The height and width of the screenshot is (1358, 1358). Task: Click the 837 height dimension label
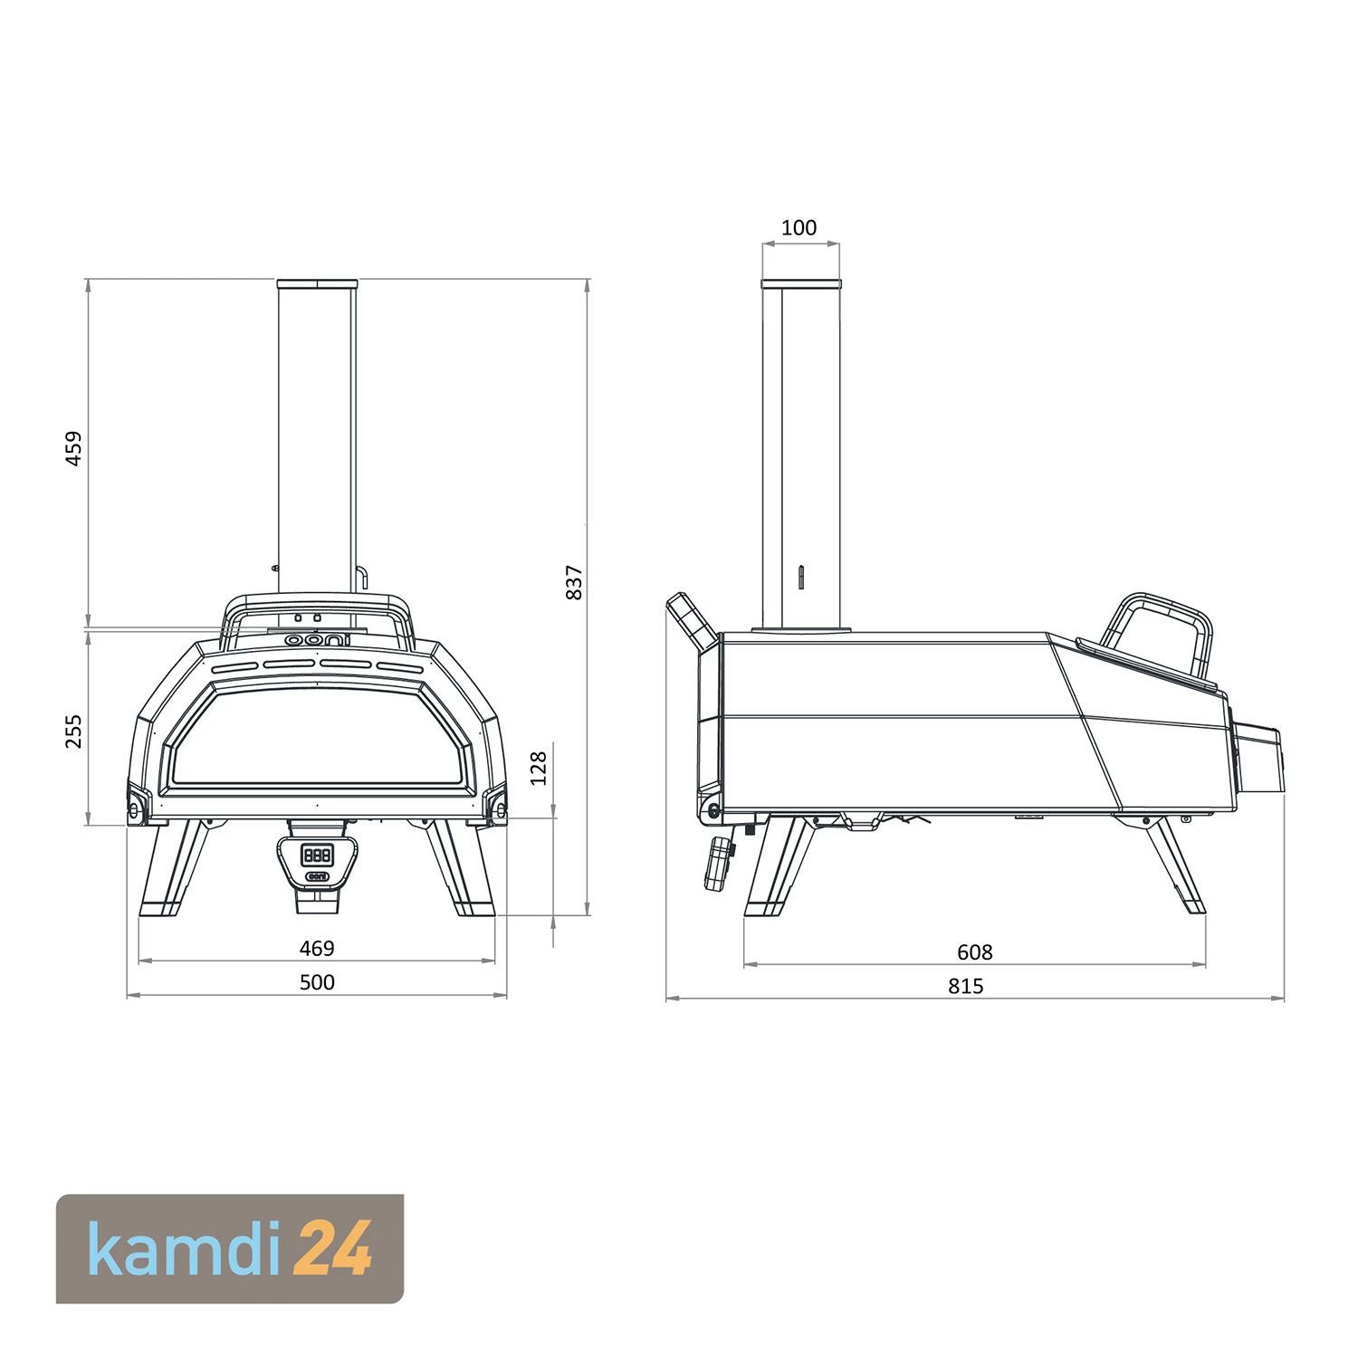(573, 582)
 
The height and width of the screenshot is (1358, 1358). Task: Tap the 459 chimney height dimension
(74, 447)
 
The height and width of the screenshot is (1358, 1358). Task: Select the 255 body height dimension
(74, 731)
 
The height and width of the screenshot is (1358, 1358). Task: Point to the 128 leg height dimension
(539, 768)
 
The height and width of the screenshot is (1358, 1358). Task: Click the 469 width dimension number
(317, 948)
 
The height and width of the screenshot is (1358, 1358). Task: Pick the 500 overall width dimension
(317, 982)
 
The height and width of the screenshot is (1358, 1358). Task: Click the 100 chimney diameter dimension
(799, 227)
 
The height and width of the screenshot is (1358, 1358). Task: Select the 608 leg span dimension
(974, 952)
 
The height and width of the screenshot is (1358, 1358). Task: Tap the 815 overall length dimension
(965, 986)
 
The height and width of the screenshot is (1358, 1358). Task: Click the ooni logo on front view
(317, 639)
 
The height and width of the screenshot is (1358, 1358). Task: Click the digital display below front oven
(317, 854)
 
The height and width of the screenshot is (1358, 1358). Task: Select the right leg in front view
(460, 869)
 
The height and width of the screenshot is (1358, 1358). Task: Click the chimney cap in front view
(317, 284)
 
